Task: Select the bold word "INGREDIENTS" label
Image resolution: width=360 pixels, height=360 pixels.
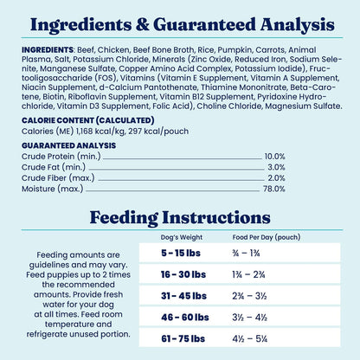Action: pyautogui.click(x=48, y=50)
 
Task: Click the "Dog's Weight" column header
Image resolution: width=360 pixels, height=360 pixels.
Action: pyautogui.click(x=181, y=236)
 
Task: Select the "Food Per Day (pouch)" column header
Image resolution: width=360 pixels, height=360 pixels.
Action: pyautogui.click(x=264, y=236)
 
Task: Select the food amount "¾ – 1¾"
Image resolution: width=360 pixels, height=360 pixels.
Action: pyautogui.click(x=247, y=253)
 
